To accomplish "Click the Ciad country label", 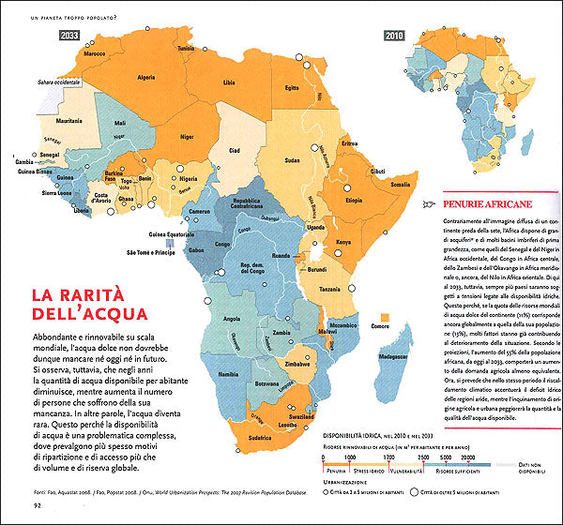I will point(235,150).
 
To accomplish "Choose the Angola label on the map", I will point(224,317).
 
